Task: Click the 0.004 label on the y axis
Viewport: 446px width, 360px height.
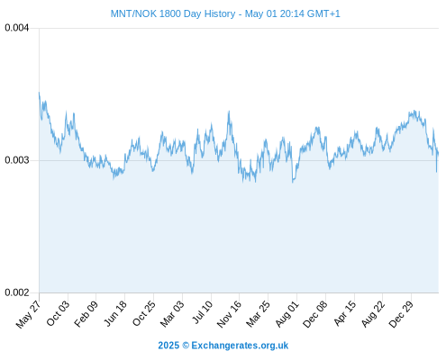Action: point(17,28)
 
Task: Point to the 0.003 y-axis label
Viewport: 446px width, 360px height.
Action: point(17,160)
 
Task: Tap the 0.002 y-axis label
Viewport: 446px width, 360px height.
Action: point(17,292)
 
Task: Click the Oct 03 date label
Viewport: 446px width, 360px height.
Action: point(58,313)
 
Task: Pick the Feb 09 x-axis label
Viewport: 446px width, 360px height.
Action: point(86,313)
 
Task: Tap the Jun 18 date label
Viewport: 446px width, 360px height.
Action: point(115,313)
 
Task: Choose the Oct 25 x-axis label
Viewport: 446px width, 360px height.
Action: point(144,313)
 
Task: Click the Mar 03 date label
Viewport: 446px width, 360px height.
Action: point(172,313)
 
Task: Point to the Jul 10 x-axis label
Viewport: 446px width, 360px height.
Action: point(203,312)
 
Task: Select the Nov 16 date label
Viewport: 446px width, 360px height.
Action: point(229,314)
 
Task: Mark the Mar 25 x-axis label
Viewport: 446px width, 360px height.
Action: point(259,313)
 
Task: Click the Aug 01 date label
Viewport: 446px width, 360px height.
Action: point(287,313)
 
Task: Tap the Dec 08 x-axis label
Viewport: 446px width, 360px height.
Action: point(315,314)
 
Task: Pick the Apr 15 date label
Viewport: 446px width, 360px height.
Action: point(345,313)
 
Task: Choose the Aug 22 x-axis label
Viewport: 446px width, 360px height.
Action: point(373,313)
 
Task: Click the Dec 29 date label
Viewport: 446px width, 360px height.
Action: point(401,314)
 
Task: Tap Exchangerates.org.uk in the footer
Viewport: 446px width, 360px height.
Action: point(240,346)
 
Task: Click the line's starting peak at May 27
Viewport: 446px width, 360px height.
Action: point(39,93)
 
